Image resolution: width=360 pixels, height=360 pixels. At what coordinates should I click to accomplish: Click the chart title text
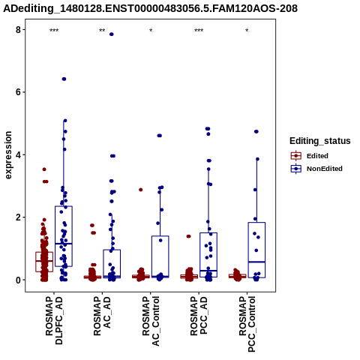(150, 8)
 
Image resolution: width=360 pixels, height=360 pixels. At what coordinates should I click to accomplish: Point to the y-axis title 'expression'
(8, 155)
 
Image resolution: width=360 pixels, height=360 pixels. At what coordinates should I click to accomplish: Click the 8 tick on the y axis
(18, 30)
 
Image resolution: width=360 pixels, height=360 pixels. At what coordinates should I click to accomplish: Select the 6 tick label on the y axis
(18, 92)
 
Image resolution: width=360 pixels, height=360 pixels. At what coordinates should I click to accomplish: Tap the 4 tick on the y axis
(18, 154)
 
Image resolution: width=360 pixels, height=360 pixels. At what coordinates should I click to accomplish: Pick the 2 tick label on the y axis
(18, 217)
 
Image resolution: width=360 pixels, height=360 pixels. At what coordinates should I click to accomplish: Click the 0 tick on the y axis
(18, 280)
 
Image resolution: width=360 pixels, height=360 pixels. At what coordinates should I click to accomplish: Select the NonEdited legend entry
(316, 169)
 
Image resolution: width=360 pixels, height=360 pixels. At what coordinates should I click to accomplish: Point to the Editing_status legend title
(320, 141)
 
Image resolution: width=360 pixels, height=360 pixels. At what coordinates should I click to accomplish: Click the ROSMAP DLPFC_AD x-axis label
(54, 320)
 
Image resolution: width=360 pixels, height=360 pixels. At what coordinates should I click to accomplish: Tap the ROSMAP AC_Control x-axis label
(151, 321)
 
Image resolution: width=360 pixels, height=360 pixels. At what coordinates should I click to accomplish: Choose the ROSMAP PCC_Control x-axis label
(247, 324)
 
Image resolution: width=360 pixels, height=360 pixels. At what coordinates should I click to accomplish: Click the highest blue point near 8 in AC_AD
(112, 34)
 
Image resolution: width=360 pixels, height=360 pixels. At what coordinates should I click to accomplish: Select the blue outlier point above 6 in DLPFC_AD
(64, 79)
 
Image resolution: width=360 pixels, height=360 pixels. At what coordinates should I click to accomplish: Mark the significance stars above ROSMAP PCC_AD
(199, 31)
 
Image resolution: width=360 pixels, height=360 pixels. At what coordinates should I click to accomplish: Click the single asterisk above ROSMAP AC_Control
(151, 31)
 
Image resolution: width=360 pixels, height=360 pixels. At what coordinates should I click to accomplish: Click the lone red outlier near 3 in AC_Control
(141, 190)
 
